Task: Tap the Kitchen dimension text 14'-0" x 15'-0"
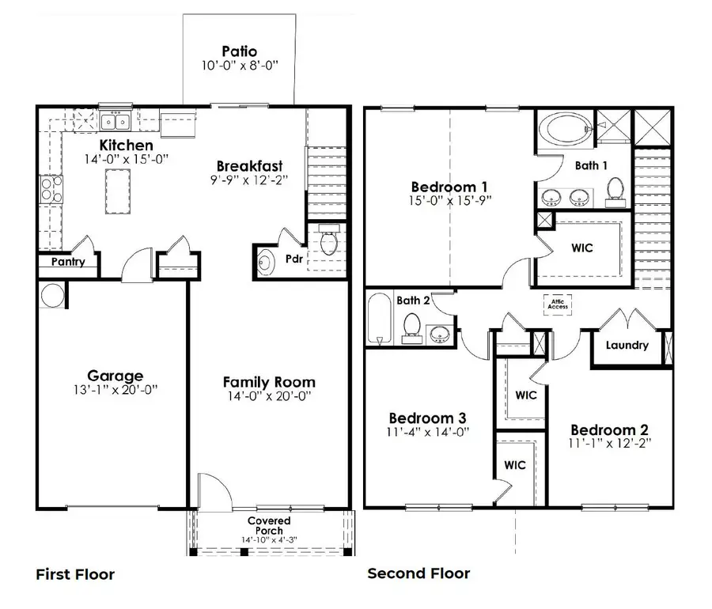126,160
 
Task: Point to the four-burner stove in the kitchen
51,189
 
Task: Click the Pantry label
68,262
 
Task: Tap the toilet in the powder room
330,241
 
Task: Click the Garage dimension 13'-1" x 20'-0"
116,390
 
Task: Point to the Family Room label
269,382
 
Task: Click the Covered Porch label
269,526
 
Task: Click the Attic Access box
560,303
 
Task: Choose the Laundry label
627,345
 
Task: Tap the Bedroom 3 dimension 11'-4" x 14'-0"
427,432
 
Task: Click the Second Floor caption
418,573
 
